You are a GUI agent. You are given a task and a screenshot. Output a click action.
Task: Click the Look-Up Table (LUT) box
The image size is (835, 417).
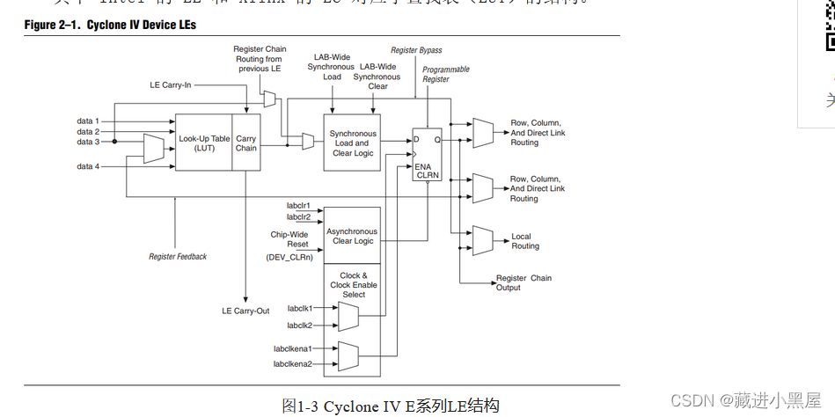(x=203, y=143)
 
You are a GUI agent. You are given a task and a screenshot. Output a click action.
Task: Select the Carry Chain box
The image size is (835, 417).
(x=246, y=143)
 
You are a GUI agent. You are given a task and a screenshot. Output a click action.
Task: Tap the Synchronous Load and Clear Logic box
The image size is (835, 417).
(x=353, y=143)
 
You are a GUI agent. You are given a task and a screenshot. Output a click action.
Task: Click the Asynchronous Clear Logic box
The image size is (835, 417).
(x=351, y=236)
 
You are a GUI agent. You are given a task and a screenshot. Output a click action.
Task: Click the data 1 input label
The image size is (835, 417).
(x=88, y=121)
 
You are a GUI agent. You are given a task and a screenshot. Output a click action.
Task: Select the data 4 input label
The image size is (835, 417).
(x=88, y=166)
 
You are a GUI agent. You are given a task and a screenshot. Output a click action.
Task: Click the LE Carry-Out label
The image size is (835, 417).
(x=245, y=311)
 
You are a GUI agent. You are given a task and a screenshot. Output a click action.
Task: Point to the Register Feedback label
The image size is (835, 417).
(x=178, y=256)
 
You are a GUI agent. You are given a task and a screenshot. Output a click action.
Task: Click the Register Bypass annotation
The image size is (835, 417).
(x=416, y=50)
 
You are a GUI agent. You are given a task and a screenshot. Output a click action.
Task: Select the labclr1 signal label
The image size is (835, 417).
(x=299, y=205)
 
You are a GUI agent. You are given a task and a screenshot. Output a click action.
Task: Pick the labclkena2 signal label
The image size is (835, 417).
(x=292, y=363)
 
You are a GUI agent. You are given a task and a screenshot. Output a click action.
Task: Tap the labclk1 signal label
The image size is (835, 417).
(x=300, y=308)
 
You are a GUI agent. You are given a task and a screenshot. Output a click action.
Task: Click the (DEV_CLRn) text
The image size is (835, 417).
(x=289, y=257)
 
